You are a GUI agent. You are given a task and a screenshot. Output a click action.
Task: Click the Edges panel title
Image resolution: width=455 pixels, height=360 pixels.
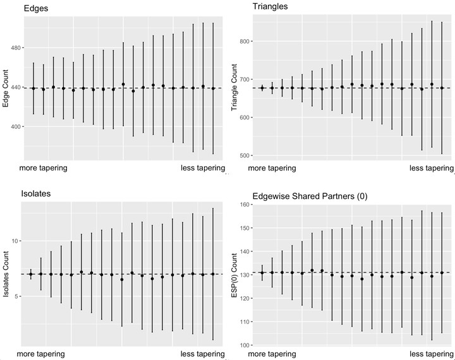[x=36, y=8]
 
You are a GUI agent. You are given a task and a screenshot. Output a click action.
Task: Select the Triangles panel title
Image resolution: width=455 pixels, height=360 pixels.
[x=270, y=6]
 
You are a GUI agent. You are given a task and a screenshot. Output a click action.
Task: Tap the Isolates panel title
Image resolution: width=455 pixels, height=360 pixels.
[x=36, y=193]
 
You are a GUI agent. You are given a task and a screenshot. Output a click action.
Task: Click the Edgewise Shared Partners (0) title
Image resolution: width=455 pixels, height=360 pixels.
[x=310, y=196]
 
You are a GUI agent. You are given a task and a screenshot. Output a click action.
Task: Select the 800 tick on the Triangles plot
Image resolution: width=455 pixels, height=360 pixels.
[x=245, y=41]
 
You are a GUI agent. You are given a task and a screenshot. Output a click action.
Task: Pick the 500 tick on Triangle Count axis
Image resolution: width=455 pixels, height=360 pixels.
[x=245, y=155]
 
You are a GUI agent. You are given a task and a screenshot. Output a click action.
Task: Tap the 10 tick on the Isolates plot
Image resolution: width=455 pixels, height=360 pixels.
[x=15, y=241]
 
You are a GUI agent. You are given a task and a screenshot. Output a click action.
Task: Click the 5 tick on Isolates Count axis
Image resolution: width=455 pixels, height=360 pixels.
[x=17, y=296]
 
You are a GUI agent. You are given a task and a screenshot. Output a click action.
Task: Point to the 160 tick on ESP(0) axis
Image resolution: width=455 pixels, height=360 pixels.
[x=245, y=205]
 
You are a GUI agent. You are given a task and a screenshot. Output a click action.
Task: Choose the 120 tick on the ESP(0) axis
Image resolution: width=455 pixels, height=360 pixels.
[x=245, y=298]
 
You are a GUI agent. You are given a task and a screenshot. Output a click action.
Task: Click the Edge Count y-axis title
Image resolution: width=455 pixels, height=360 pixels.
[x=6, y=88]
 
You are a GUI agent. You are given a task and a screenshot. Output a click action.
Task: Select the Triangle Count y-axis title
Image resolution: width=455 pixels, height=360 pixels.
[x=234, y=87]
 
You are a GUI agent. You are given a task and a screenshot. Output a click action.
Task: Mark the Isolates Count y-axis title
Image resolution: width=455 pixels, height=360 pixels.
[x=6, y=274]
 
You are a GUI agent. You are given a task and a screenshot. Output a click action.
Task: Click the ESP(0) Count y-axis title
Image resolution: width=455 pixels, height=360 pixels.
[x=234, y=275]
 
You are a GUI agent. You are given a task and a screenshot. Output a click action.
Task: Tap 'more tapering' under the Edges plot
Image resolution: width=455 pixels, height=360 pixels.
[x=43, y=168]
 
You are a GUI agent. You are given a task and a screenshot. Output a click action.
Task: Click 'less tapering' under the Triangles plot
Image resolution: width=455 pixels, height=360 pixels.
[x=432, y=168]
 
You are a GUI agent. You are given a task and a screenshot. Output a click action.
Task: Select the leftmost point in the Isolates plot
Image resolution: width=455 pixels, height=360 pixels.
[x=31, y=274]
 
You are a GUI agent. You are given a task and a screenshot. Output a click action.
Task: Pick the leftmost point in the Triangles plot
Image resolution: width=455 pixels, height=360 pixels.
[x=262, y=88]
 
